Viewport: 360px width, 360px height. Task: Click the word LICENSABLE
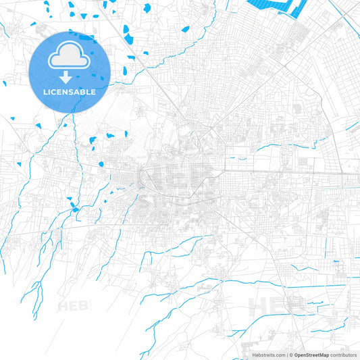point(70,91)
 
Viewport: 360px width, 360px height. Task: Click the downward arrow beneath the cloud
point(70,76)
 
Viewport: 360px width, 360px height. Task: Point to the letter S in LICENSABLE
point(73,91)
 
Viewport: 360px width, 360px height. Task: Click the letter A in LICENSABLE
point(79,91)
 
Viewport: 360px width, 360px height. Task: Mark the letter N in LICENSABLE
point(67,91)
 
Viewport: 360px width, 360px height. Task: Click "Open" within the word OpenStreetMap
point(299,355)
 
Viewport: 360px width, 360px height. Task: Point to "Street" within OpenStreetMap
point(313,355)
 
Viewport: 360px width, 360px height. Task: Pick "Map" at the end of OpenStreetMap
point(324,355)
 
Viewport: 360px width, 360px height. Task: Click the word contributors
point(344,355)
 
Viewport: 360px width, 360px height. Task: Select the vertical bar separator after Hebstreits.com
point(287,355)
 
